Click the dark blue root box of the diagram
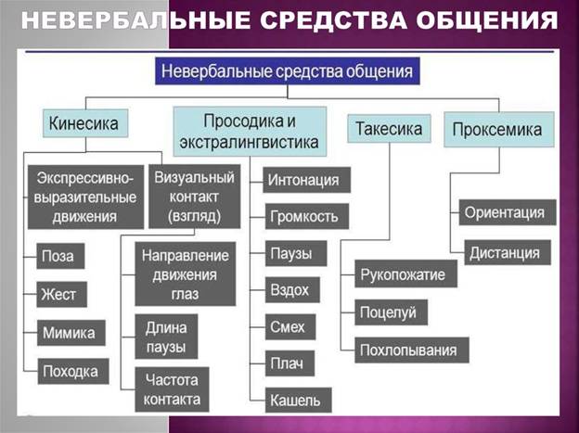(x=288, y=70)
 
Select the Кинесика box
(x=85, y=123)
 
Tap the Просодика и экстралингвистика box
(x=250, y=132)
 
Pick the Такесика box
(x=389, y=129)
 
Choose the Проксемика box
(x=499, y=130)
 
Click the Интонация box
(x=306, y=180)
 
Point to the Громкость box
(x=307, y=216)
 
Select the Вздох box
(x=292, y=290)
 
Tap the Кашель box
(x=299, y=401)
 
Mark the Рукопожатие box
(x=405, y=274)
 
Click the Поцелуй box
(x=391, y=312)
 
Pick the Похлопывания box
(x=412, y=350)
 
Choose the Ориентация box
(x=508, y=212)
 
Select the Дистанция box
(x=508, y=252)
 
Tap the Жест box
(x=61, y=294)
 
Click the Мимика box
(x=71, y=333)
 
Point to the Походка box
(x=73, y=371)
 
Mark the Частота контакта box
(x=172, y=389)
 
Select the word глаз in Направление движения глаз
(x=185, y=294)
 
